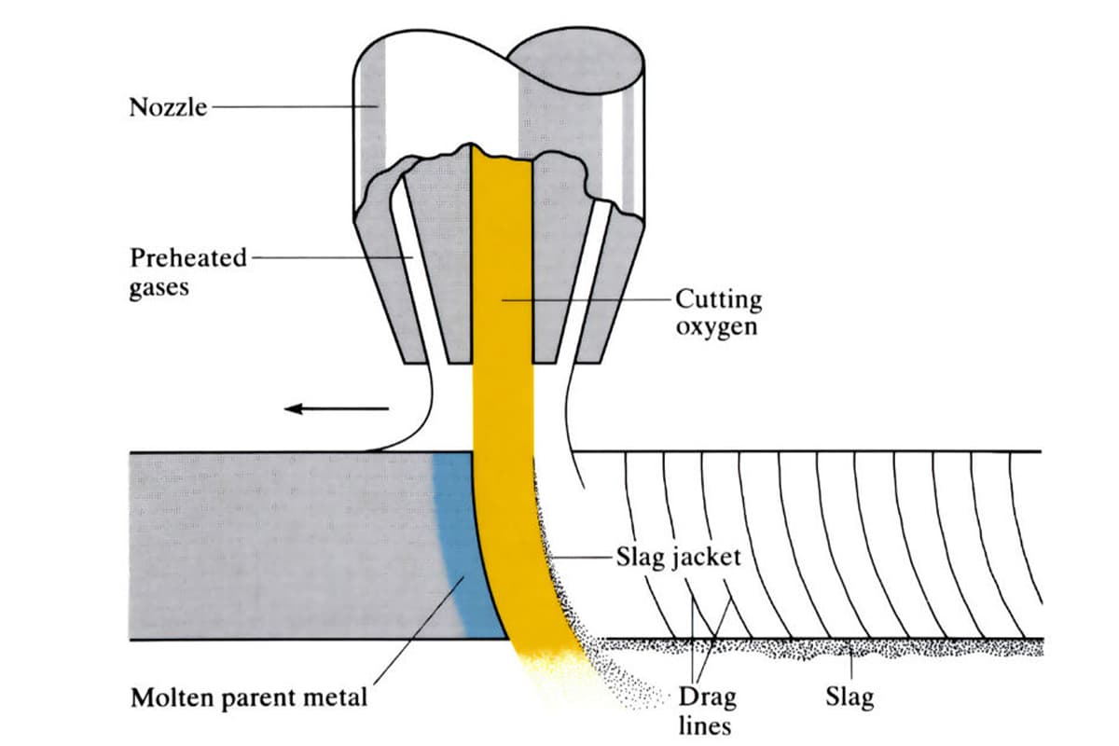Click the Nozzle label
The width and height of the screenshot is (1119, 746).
coord(167,107)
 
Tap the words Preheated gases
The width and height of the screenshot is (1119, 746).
coord(186,271)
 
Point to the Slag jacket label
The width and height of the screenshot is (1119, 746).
coord(678,558)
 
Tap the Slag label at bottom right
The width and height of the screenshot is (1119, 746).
coord(850,697)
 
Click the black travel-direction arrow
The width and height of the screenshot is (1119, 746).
coord(336,408)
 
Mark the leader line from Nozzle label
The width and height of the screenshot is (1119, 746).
coord(289,107)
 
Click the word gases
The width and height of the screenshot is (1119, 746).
coord(159,286)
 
